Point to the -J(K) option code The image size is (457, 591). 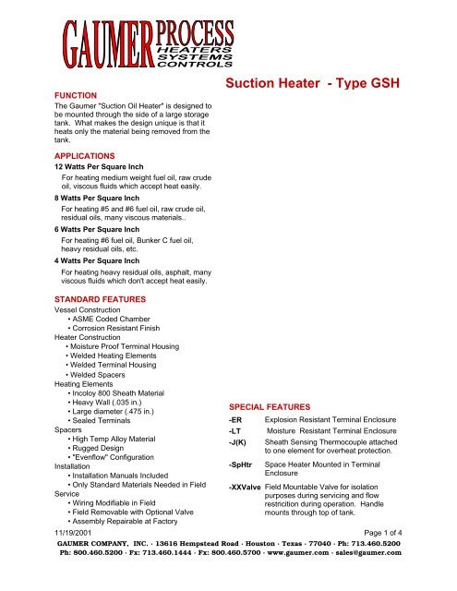239,442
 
